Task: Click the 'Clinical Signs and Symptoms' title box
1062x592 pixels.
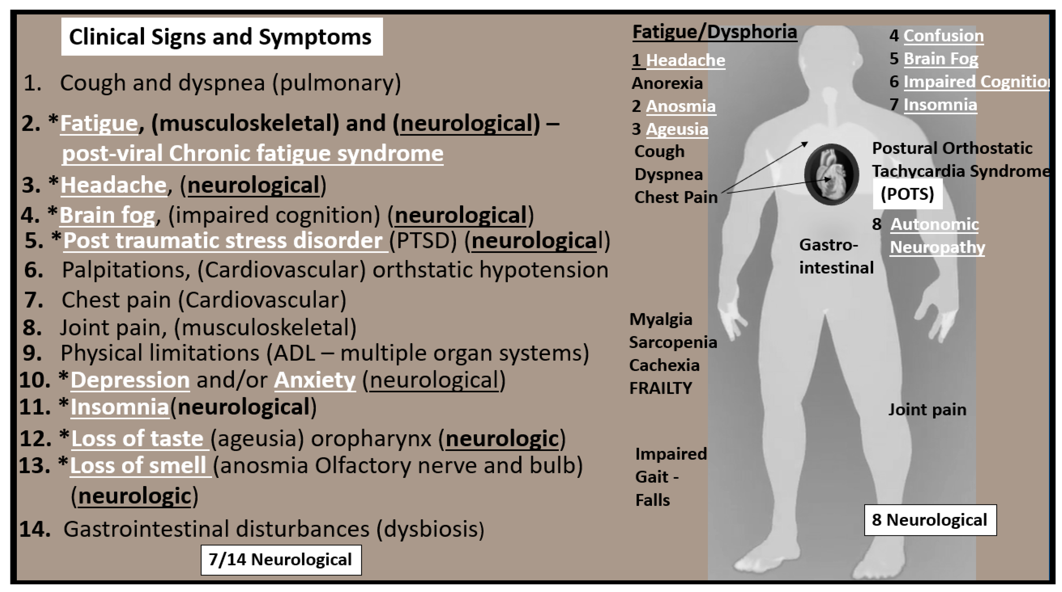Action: [221, 37]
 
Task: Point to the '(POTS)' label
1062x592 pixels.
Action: [907, 194]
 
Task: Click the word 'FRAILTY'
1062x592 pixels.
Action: [660, 388]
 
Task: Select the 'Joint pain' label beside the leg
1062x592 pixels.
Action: [927, 409]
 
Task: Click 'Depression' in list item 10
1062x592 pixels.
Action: [130, 380]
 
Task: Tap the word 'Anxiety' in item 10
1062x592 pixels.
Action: [314, 380]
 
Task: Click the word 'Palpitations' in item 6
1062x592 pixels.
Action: [126, 270]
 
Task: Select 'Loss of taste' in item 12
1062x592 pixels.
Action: [137, 438]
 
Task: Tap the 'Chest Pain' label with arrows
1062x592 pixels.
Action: [676, 197]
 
